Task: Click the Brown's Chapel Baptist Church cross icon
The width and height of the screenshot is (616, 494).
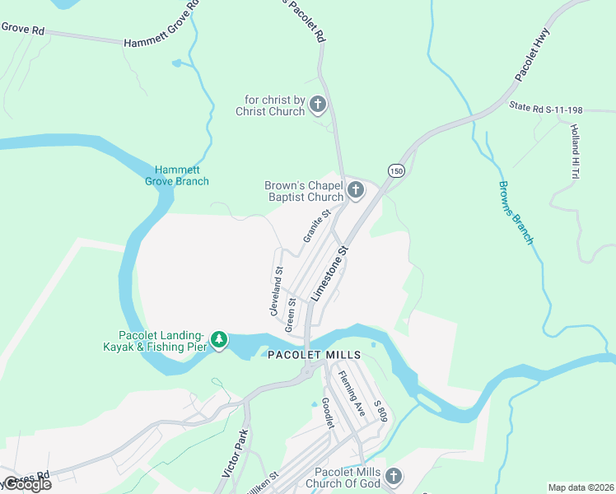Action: click(x=356, y=191)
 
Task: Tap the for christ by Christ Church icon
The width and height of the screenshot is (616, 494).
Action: click(x=318, y=105)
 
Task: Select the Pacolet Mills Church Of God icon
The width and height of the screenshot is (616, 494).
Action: click(x=394, y=476)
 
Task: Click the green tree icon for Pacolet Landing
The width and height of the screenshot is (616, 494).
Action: click(x=219, y=339)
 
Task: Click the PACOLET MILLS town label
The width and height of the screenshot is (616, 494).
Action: click(x=315, y=355)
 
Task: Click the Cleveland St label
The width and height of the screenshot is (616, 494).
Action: click(x=276, y=291)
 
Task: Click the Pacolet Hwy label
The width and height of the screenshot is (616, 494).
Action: click(x=534, y=58)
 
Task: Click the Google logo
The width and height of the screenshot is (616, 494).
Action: click(x=26, y=485)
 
